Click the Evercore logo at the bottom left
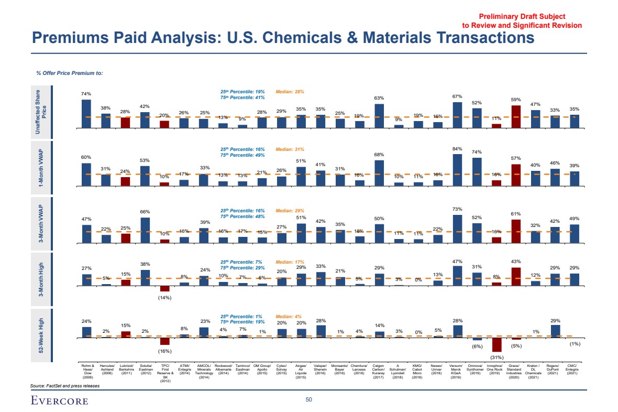[x=59, y=401]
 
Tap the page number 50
[x=309, y=400]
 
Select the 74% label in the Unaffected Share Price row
[x=86, y=94]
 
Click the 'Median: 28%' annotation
[x=290, y=92]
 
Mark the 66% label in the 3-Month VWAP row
[x=146, y=211]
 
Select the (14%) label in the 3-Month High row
[x=165, y=298]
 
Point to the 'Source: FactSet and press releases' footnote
[x=65, y=385]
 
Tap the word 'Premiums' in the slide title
[x=72, y=38]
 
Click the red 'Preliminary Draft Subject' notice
[x=522, y=17]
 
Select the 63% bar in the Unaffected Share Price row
[x=379, y=116]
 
